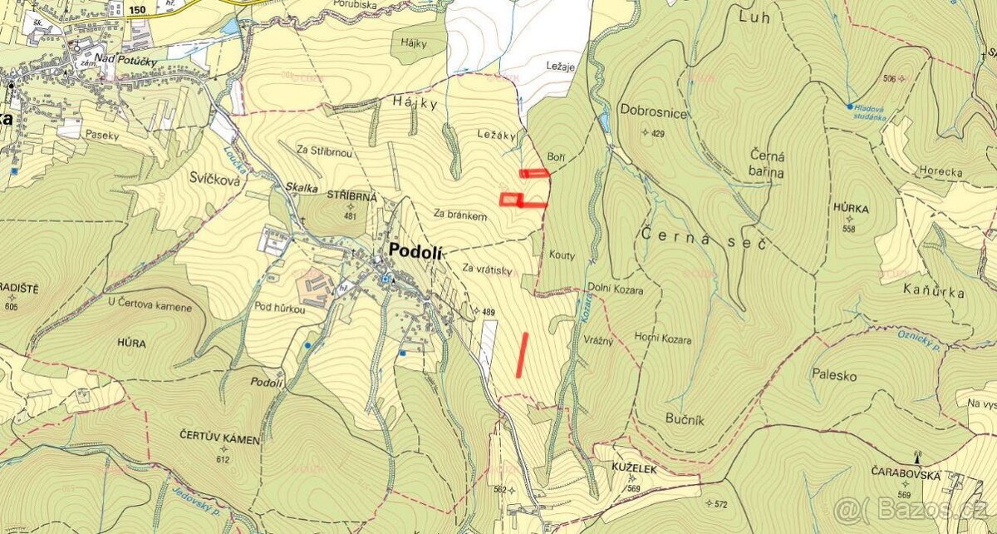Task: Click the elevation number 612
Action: [x=223, y=458]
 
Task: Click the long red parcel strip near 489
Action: [x=522, y=354]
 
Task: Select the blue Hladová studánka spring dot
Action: [x=849, y=106]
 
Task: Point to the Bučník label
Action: [x=685, y=420]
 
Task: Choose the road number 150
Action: [x=138, y=9]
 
